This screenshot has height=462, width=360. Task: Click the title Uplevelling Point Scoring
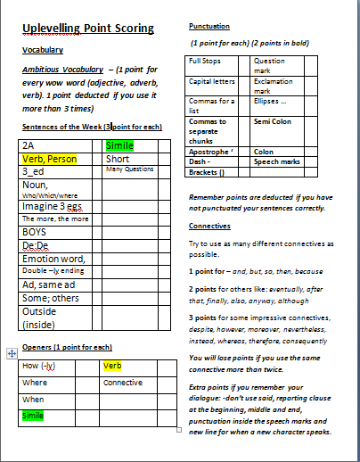point(88,29)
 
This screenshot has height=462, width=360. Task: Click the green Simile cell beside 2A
point(119,144)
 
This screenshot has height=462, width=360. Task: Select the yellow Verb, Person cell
point(50,159)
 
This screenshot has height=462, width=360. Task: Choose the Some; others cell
point(48,298)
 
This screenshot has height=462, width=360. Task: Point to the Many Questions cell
point(130,169)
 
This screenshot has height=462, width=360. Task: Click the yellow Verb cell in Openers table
point(112,366)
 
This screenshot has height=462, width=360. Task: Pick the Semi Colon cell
point(271,121)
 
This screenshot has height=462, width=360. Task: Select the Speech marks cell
point(273,162)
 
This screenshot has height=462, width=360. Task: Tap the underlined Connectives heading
point(210,227)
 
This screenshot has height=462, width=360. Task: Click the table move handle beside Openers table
point(11,353)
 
